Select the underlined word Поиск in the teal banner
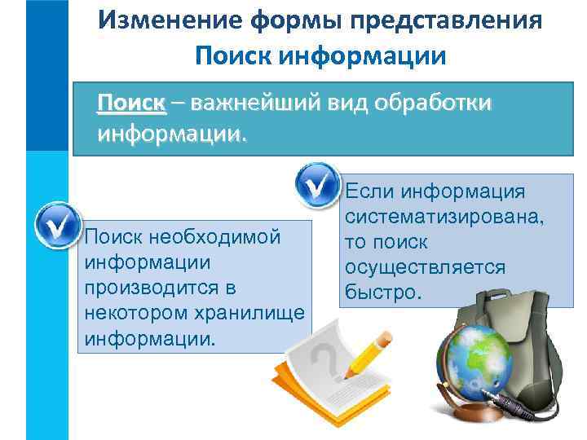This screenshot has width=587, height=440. (131, 103)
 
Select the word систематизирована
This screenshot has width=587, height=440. (444, 218)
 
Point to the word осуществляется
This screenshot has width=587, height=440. (425, 267)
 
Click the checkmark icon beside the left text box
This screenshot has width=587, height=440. (57, 225)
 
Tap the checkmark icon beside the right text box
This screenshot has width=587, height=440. (317, 185)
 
